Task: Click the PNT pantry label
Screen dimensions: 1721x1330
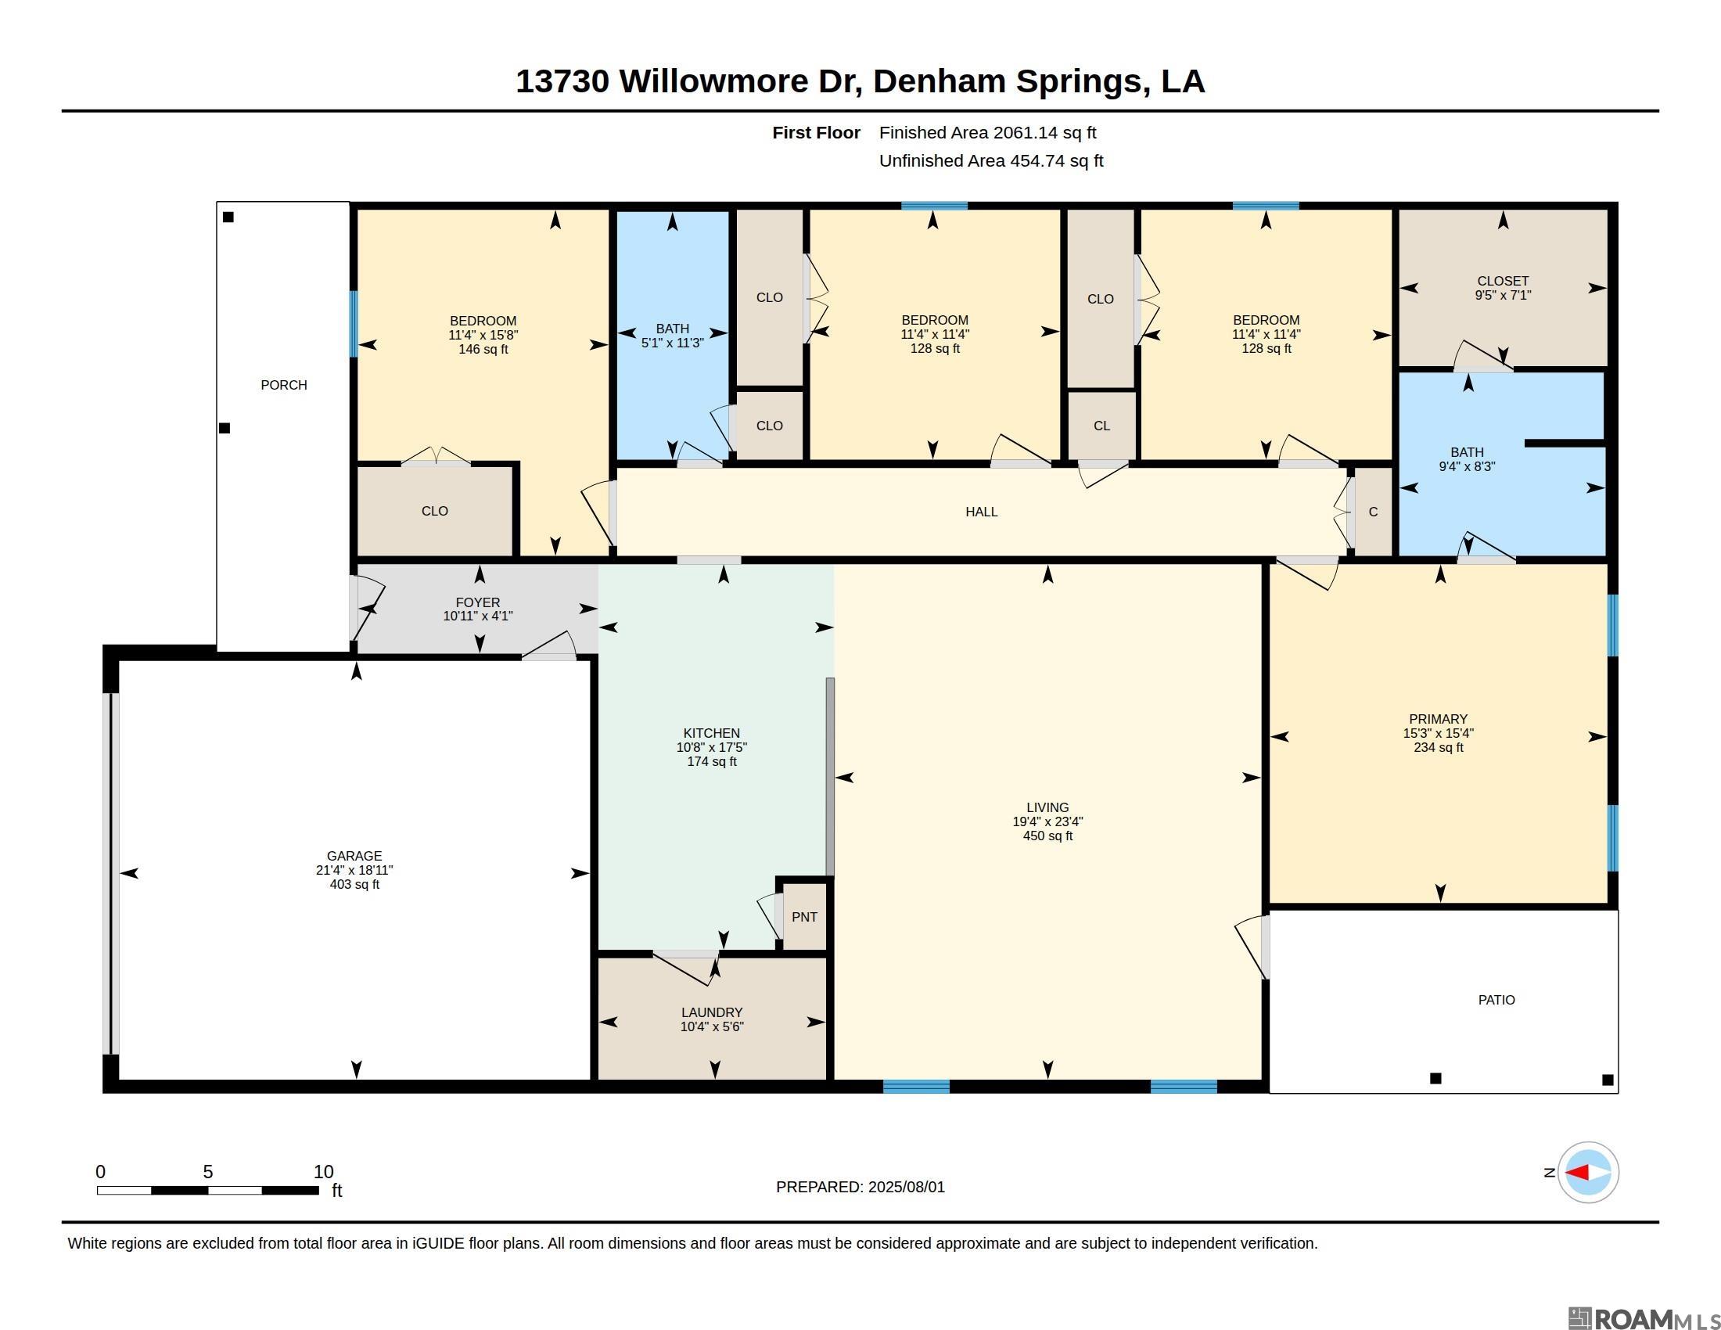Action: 803,916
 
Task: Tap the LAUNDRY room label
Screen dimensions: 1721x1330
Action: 712,1012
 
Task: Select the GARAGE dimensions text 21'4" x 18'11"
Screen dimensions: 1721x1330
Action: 354,870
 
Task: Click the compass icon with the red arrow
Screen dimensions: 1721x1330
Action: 1588,1172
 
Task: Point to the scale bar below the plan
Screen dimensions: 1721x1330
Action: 208,1190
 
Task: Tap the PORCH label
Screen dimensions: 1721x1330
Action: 284,384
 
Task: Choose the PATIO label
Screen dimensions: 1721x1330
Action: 1496,1000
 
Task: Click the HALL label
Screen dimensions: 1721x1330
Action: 981,512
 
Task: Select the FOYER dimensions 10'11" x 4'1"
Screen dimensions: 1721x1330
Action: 477,616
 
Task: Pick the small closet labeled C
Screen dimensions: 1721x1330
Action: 1374,512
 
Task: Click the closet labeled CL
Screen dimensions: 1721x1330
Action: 1101,426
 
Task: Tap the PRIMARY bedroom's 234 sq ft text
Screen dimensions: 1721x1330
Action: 1438,747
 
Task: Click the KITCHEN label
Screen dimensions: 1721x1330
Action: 712,733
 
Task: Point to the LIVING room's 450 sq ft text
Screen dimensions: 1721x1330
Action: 1047,836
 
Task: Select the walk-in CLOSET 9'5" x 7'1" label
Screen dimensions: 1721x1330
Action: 1503,288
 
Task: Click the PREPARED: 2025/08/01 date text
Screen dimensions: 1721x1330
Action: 860,1187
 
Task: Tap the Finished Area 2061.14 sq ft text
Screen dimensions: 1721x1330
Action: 987,132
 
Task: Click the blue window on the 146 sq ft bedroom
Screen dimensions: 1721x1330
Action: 354,324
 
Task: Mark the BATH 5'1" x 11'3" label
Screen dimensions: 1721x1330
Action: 672,336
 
